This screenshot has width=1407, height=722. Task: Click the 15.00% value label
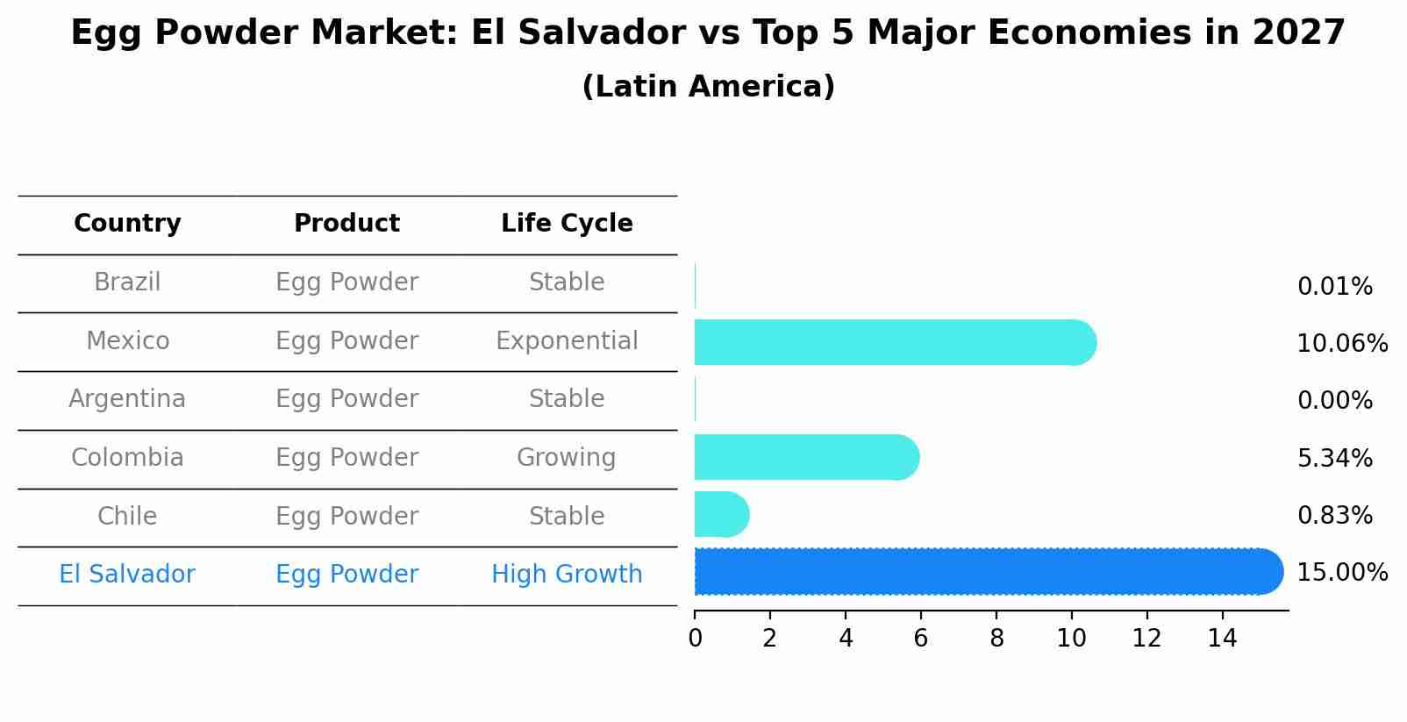(x=1342, y=573)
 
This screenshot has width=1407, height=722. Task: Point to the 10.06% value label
(x=1342, y=344)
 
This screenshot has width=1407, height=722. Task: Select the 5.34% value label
(x=1334, y=458)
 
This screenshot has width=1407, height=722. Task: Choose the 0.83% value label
(x=1334, y=516)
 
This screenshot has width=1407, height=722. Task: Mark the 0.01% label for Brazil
(x=1334, y=287)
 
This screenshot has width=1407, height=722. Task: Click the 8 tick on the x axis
(x=996, y=639)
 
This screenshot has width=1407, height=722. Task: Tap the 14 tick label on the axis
(x=1222, y=639)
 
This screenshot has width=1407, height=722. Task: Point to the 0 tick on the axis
(x=695, y=639)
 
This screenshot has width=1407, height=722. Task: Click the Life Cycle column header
(x=567, y=224)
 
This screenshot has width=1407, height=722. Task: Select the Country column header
(x=127, y=224)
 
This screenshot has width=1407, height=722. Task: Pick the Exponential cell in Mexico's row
(x=567, y=341)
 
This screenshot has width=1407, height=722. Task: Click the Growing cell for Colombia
(x=567, y=458)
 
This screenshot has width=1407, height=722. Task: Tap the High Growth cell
(x=567, y=575)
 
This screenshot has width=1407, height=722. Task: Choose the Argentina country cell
(x=127, y=399)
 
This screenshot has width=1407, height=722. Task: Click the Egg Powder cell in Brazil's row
(x=346, y=282)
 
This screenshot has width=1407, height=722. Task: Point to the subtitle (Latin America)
(x=708, y=87)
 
